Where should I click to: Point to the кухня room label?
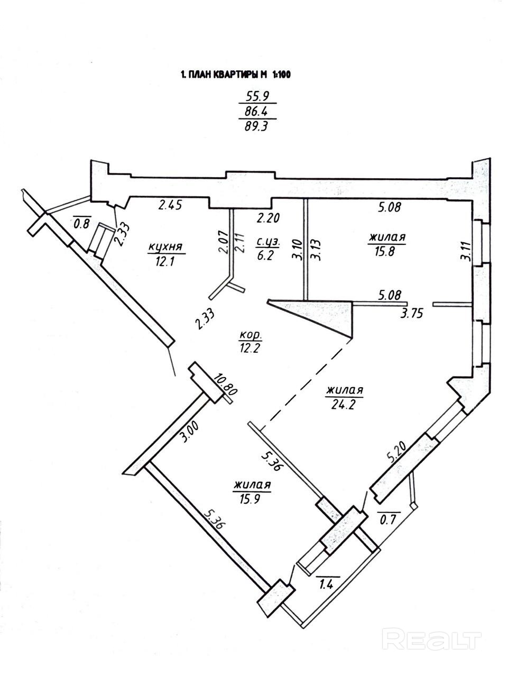tap(166, 247)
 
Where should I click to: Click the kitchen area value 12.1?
tap(166, 262)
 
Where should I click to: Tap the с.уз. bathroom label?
tap(267, 242)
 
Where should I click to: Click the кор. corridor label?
tap(251, 335)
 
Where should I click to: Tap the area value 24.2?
tap(344, 404)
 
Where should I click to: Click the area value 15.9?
tap(252, 499)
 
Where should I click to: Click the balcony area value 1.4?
tap(327, 584)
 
